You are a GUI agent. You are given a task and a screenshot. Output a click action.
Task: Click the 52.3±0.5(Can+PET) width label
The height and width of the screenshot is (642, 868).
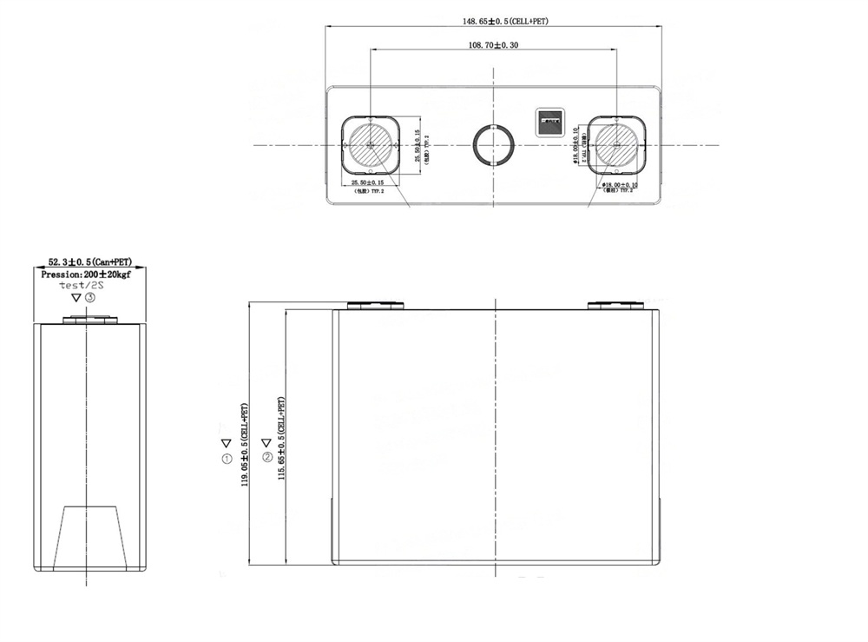tap(89, 261)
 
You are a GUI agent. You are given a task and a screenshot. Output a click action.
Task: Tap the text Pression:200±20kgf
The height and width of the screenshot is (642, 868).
tap(89, 274)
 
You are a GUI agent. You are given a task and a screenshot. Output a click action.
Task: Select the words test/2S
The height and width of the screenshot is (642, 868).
tap(82, 285)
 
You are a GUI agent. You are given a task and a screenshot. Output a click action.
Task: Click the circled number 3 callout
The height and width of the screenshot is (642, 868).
tap(90, 297)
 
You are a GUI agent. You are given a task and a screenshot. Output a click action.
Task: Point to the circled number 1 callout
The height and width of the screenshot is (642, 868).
tap(227, 458)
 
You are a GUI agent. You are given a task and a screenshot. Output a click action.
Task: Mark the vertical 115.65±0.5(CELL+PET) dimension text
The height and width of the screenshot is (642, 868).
tap(281, 447)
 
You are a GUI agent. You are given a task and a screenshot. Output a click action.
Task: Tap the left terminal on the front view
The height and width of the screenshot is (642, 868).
tap(376, 305)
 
